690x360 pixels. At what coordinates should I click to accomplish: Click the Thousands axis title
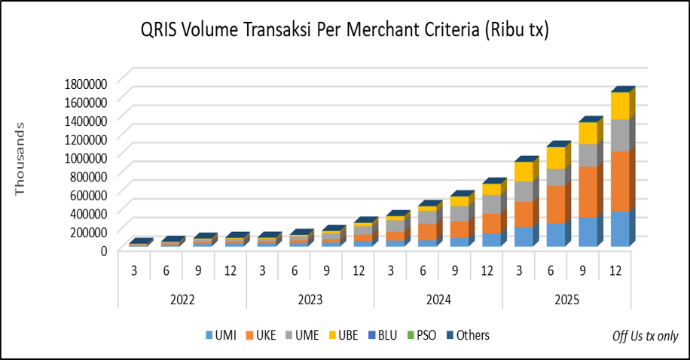[x=20, y=160]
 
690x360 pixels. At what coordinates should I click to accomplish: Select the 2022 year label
[x=182, y=299]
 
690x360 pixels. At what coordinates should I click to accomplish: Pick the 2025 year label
[x=566, y=299]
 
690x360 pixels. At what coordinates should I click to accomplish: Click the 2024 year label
[x=438, y=299]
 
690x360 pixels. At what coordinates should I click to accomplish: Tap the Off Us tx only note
[x=646, y=336]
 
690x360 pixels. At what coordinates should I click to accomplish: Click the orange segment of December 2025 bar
[x=620, y=181]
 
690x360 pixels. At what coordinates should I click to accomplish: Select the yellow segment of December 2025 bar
[x=620, y=105]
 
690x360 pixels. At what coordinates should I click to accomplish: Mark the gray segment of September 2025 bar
[x=588, y=154]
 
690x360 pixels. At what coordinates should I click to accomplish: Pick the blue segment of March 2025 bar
[x=524, y=236]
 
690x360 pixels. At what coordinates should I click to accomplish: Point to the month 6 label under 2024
[x=423, y=268]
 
